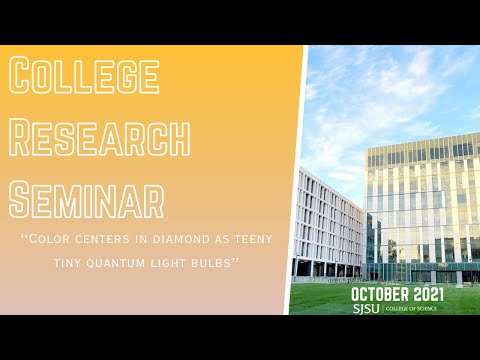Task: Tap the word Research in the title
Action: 99,136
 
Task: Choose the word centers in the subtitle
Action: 100,241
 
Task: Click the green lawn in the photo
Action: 330,296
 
